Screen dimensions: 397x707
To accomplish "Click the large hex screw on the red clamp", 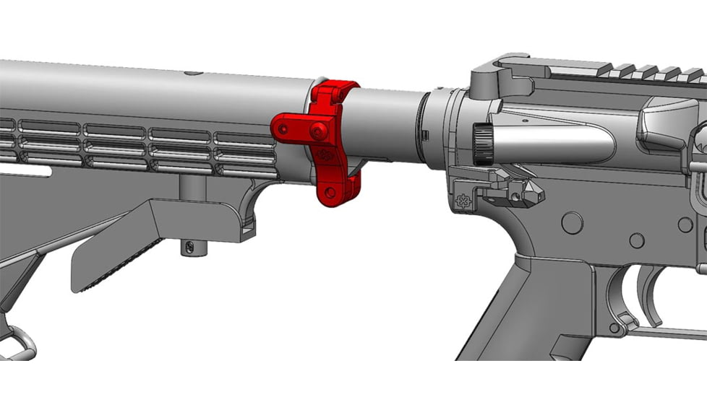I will coord(317,131).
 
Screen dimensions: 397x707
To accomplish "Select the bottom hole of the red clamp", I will coord(330,192).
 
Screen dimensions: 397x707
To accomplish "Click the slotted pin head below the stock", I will coord(190,247).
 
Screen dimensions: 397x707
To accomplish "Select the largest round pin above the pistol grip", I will coord(572,222).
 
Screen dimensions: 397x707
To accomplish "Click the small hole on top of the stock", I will coord(192,73).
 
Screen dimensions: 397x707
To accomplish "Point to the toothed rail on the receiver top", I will coord(636,72).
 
